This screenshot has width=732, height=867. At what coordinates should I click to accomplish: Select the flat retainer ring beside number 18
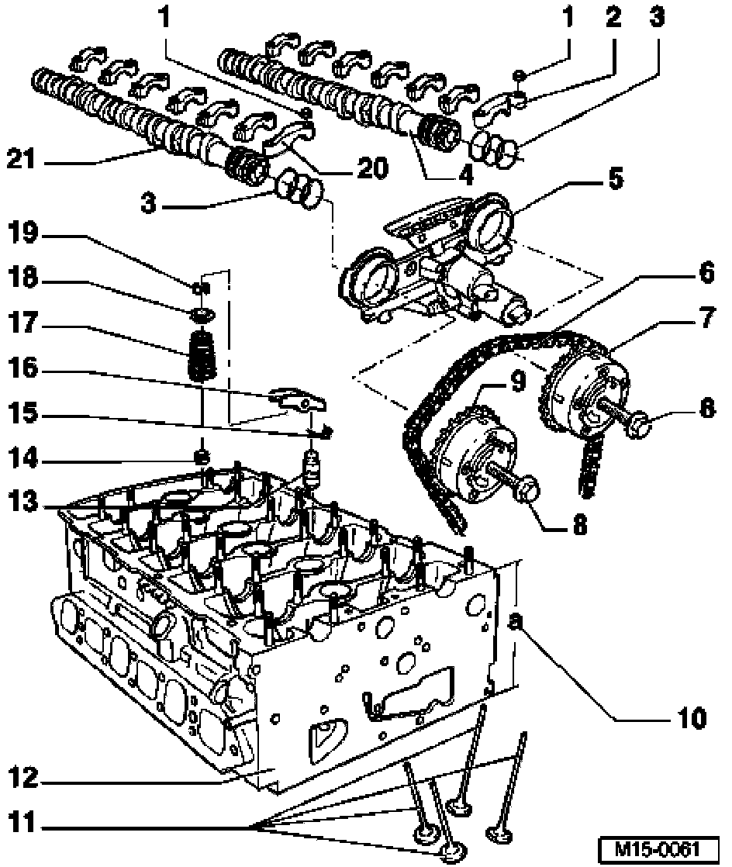point(203,313)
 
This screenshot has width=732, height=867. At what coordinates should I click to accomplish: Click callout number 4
point(465,175)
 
